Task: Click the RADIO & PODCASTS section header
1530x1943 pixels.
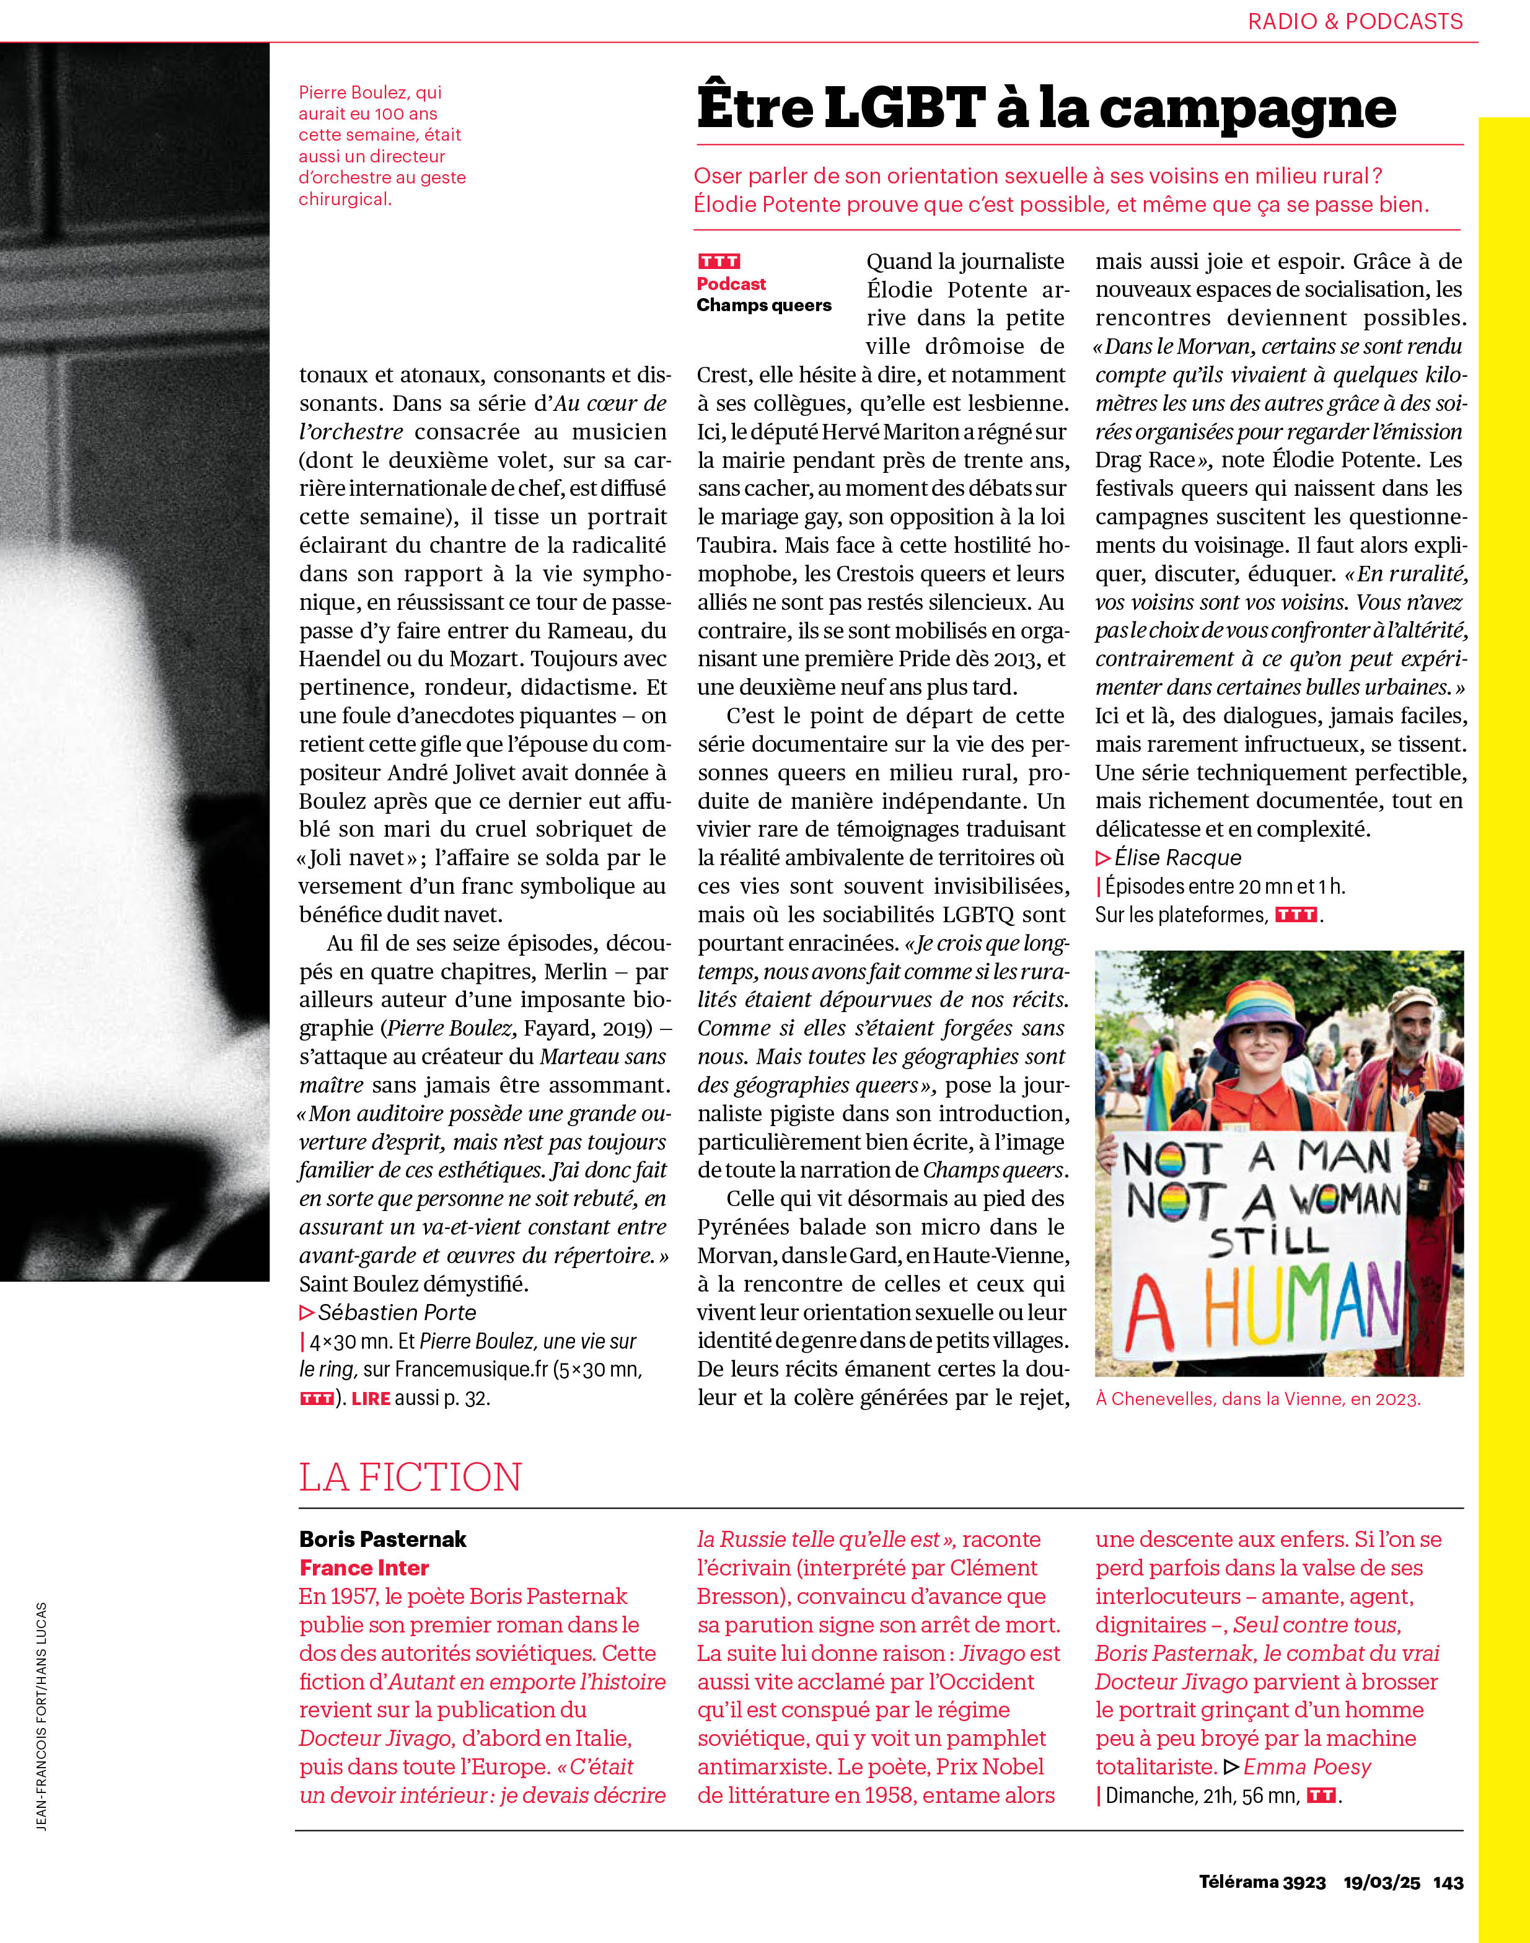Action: point(1355,22)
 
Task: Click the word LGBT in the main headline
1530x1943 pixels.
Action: point(905,108)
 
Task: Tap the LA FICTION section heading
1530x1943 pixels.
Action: point(410,1477)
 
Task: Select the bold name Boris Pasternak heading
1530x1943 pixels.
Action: point(382,1539)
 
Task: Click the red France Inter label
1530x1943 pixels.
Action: point(364,1567)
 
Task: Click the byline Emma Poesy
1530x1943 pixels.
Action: point(1307,1768)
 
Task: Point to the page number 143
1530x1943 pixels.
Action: point(1448,1882)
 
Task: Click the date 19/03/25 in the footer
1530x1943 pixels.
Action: point(1381,1882)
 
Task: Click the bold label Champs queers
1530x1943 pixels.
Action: point(764,306)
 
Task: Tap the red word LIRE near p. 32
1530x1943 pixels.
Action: point(371,1398)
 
